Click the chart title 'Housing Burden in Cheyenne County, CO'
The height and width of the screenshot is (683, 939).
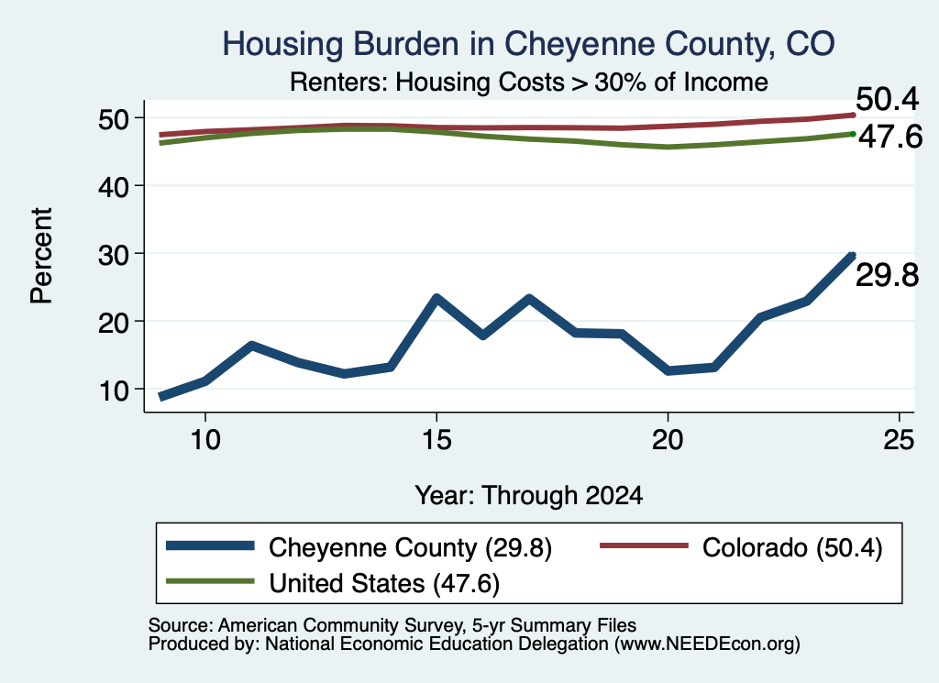coord(528,44)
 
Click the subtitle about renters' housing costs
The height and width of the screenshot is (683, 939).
coord(529,82)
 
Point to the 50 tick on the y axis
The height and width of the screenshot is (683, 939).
coord(114,119)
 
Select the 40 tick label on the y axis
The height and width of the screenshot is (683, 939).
coord(114,187)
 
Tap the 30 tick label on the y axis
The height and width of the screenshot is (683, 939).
coord(114,255)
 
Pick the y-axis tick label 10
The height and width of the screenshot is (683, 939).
coord(114,391)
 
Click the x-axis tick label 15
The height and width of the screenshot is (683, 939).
coord(436,440)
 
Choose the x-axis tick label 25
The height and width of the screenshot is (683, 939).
coord(899,440)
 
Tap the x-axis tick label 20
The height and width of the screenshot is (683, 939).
coord(668,440)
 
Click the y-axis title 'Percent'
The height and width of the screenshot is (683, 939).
coord(41,256)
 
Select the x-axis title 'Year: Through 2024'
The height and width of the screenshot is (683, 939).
coord(529,496)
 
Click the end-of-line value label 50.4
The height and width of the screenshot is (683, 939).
coord(887,99)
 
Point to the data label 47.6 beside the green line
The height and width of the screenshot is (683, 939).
coord(890,138)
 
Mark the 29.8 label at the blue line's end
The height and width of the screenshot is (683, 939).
coord(887,275)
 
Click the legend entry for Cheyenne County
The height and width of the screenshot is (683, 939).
coord(359,547)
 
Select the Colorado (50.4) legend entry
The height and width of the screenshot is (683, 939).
coord(741,547)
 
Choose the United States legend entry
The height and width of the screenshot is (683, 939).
coord(333,583)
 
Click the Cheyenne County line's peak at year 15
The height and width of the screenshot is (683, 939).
coord(436,298)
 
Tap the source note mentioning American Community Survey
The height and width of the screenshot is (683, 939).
coord(392,625)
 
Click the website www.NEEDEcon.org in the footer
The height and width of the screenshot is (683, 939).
coord(707,644)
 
